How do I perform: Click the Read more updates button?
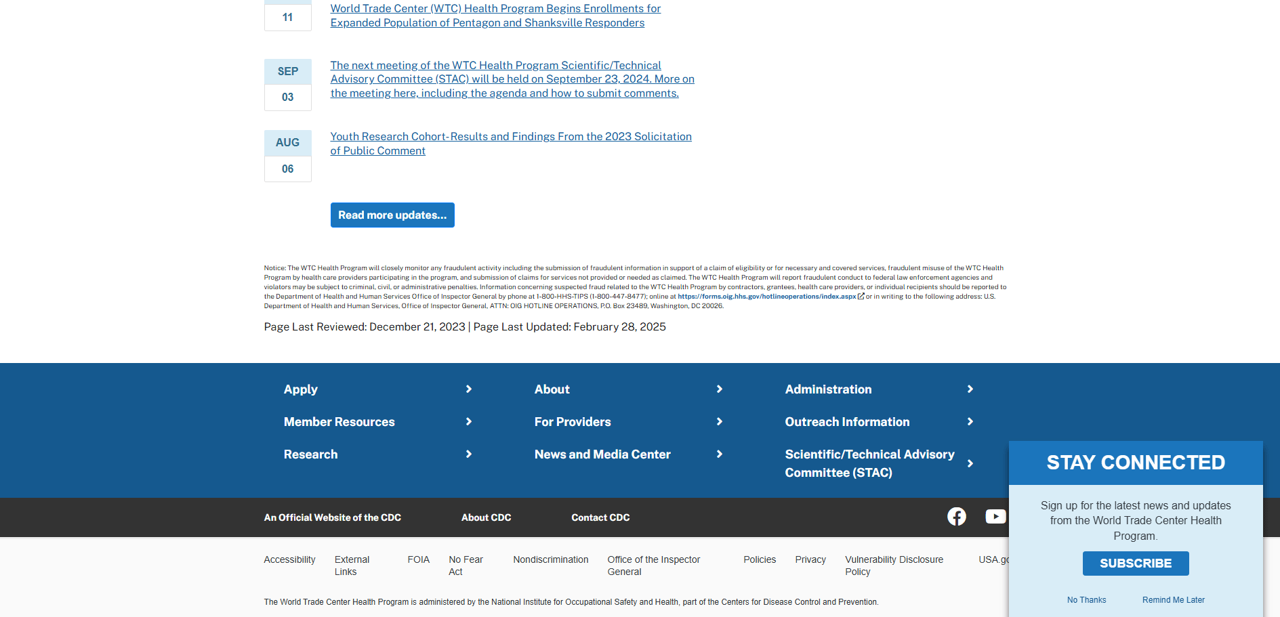[x=392, y=215]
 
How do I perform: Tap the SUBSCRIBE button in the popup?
[x=1135, y=563]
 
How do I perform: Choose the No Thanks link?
[x=1086, y=600]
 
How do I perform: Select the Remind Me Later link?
[x=1173, y=600]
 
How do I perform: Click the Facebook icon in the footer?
[x=956, y=517]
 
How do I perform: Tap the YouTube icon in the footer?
[x=995, y=517]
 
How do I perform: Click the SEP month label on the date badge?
[x=287, y=72]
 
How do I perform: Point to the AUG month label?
[x=287, y=143]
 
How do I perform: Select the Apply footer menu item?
[x=301, y=389]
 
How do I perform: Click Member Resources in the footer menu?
[x=339, y=422]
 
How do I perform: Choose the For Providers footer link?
[x=573, y=422]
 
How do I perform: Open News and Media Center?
[x=602, y=454]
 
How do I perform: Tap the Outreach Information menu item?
[x=847, y=422]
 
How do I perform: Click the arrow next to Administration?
[x=970, y=389]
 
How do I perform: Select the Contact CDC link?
[x=600, y=517]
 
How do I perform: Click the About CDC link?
[x=486, y=517]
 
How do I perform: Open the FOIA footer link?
[x=418, y=559]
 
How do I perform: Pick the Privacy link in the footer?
[x=810, y=559]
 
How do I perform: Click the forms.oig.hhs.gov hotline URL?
[x=766, y=297]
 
